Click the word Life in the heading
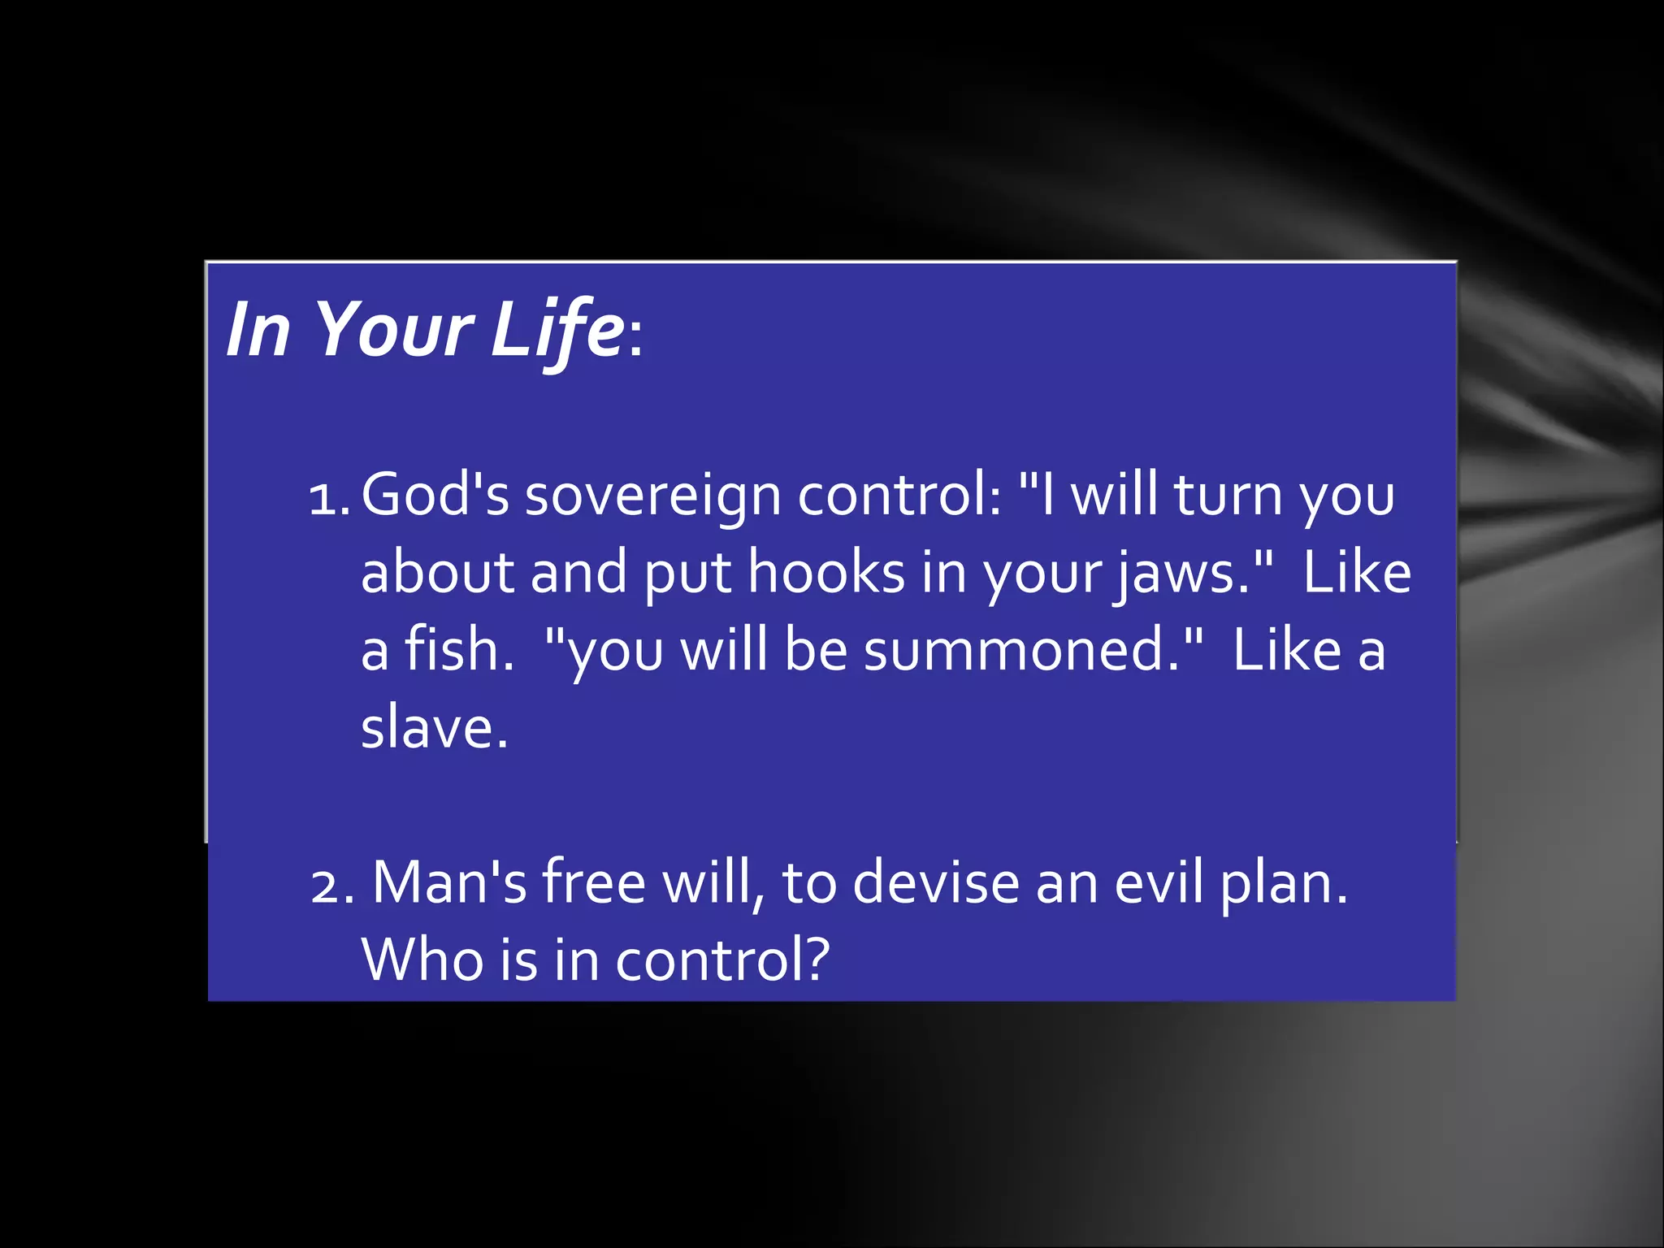click(x=557, y=329)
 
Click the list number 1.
click(x=328, y=497)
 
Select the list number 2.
click(x=332, y=886)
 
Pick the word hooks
click(x=825, y=572)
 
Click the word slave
click(x=434, y=727)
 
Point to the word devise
click(x=935, y=882)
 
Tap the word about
click(x=437, y=572)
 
